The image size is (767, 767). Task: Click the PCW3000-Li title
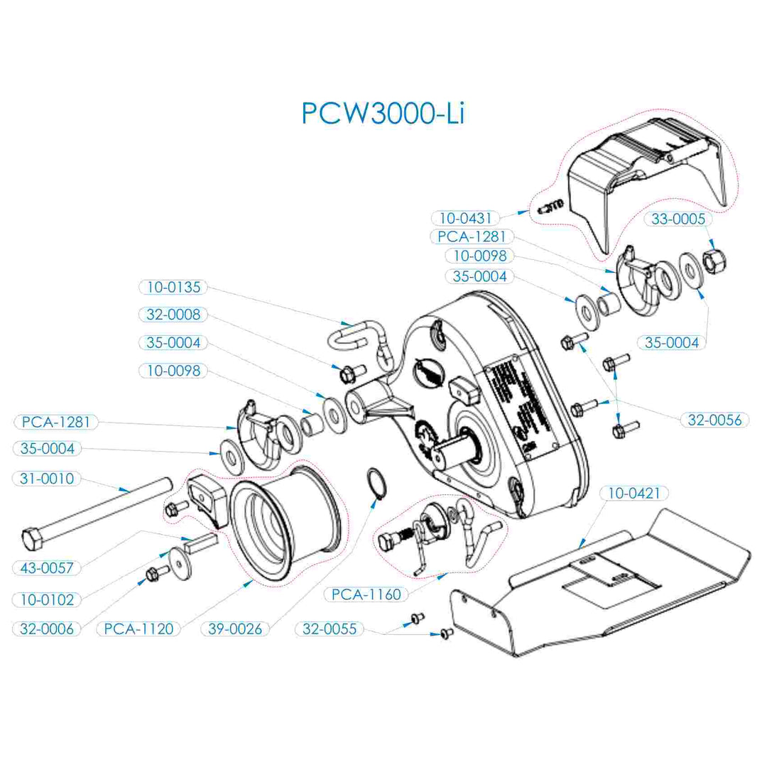(x=383, y=113)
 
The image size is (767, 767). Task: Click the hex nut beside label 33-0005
(x=714, y=262)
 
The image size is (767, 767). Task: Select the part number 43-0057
(x=48, y=567)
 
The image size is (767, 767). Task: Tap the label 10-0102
(x=48, y=599)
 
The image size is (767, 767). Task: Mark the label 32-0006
(x=48, y=629)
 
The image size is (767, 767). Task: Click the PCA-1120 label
(x=139, y=629)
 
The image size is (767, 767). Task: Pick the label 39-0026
(x=234, y=629)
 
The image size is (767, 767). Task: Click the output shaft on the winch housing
(x=455, y=452)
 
